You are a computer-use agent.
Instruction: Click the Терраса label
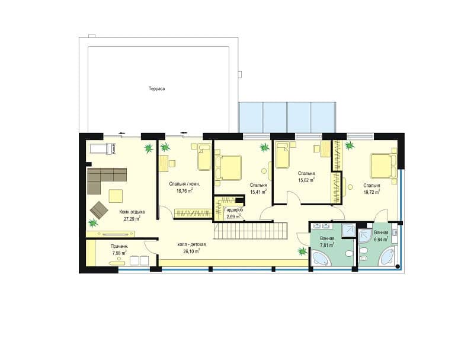156,88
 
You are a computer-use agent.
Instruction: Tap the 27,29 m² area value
132,218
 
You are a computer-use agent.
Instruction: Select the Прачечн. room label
119,246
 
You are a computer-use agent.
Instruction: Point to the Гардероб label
233,210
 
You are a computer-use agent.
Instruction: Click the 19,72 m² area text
371,192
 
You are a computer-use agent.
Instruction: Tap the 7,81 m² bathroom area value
327,245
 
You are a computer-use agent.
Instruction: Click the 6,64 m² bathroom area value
381,240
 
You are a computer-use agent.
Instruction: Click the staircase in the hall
251,231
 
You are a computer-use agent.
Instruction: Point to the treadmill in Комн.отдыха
103,148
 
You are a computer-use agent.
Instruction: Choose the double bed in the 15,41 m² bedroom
229,168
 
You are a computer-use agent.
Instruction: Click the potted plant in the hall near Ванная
302,251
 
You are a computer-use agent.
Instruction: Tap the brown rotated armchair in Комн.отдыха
99,210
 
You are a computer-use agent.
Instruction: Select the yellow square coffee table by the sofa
116,196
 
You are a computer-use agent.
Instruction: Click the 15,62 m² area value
306,180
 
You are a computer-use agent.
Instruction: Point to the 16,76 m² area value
184,191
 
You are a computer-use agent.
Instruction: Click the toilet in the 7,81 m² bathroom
348,253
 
